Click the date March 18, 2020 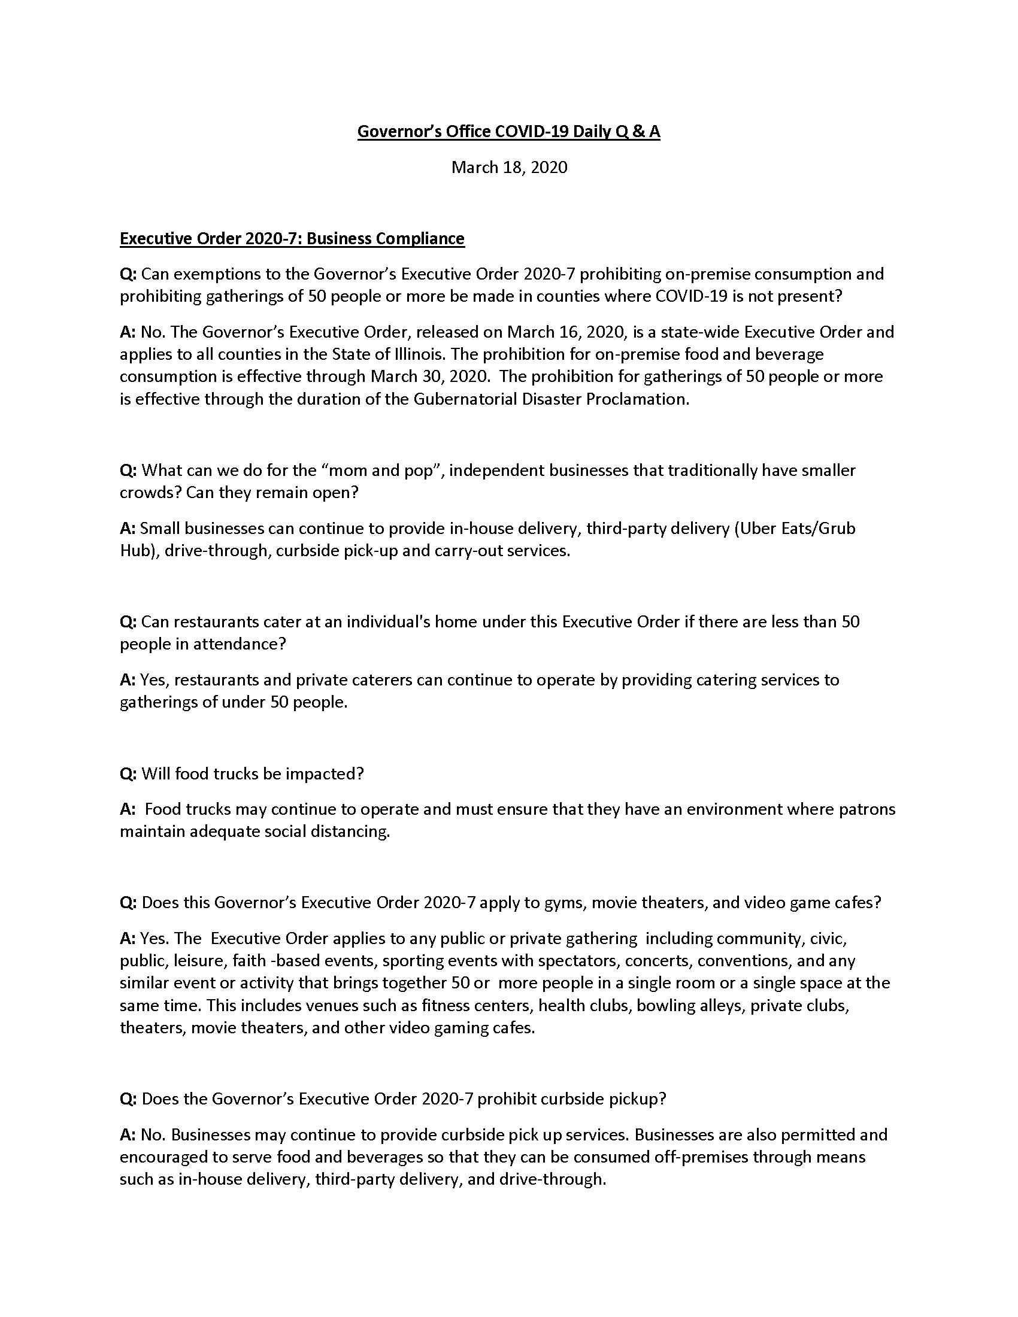tap(509, 167)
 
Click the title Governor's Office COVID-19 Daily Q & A tap(508, 132)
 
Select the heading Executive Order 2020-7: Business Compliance tap(292, 239)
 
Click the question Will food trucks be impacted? tap(243, 773)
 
